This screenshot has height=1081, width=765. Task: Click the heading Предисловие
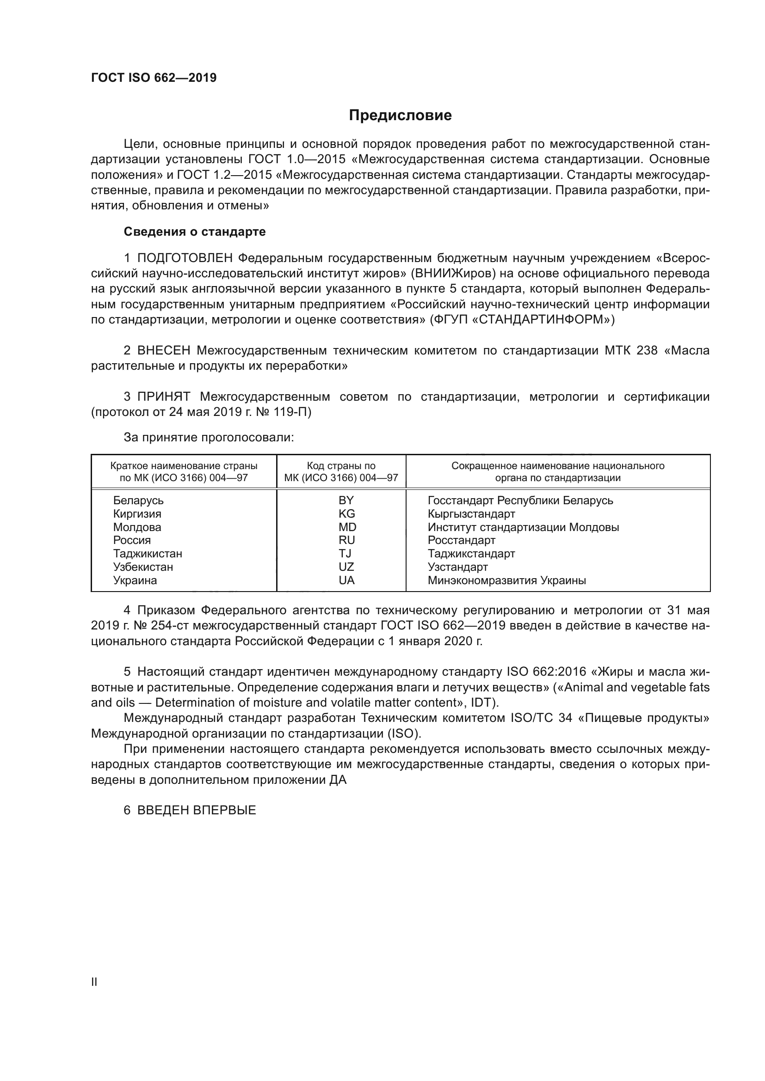400,116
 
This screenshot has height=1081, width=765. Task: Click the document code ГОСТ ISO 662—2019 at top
154,78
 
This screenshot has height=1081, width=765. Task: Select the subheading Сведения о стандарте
195,232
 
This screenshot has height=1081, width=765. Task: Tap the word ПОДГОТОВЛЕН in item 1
185,258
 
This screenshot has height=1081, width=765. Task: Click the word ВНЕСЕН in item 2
164,351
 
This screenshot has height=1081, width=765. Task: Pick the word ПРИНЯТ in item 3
164,397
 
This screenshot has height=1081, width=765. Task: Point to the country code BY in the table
346,500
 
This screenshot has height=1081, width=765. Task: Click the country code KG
347,513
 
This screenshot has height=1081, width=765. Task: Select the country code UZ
346,567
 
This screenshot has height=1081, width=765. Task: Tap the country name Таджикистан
148,554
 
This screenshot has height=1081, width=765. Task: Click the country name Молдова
137,527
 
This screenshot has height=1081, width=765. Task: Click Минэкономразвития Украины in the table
506,580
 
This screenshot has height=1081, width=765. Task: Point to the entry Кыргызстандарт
471,513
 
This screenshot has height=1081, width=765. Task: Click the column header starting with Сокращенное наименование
558,466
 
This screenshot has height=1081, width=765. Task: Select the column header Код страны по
341,466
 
